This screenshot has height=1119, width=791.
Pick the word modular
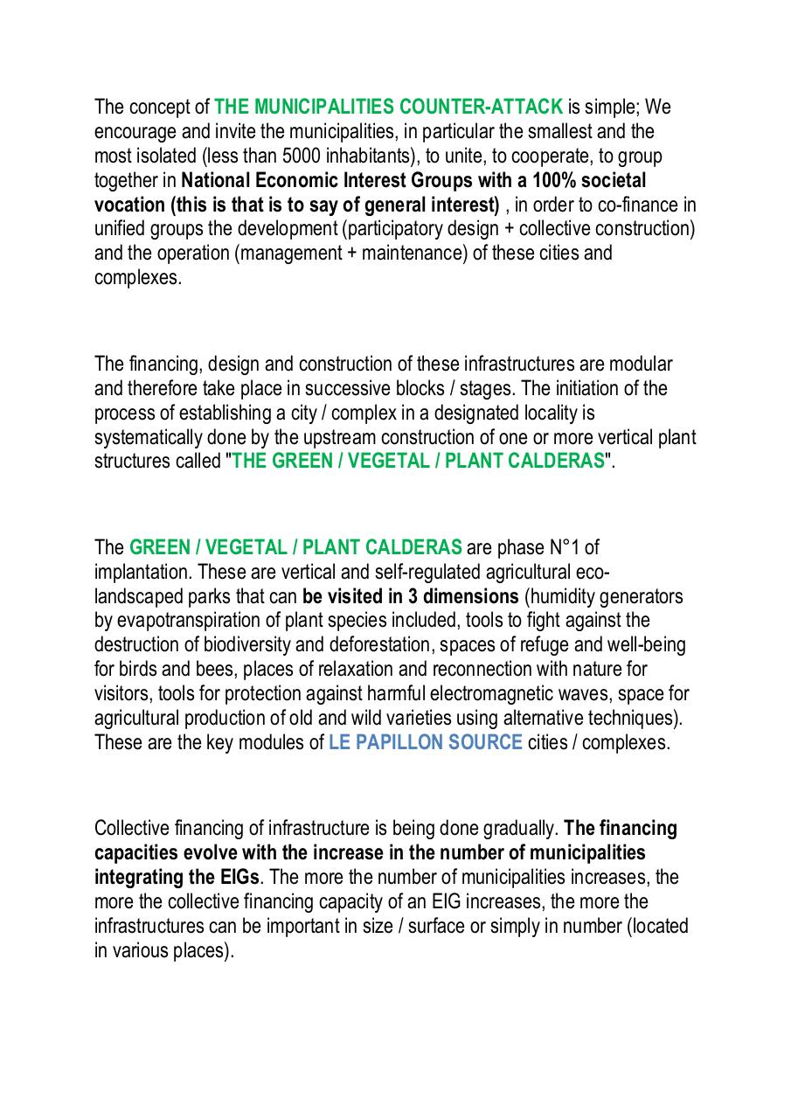pos(638,364)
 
